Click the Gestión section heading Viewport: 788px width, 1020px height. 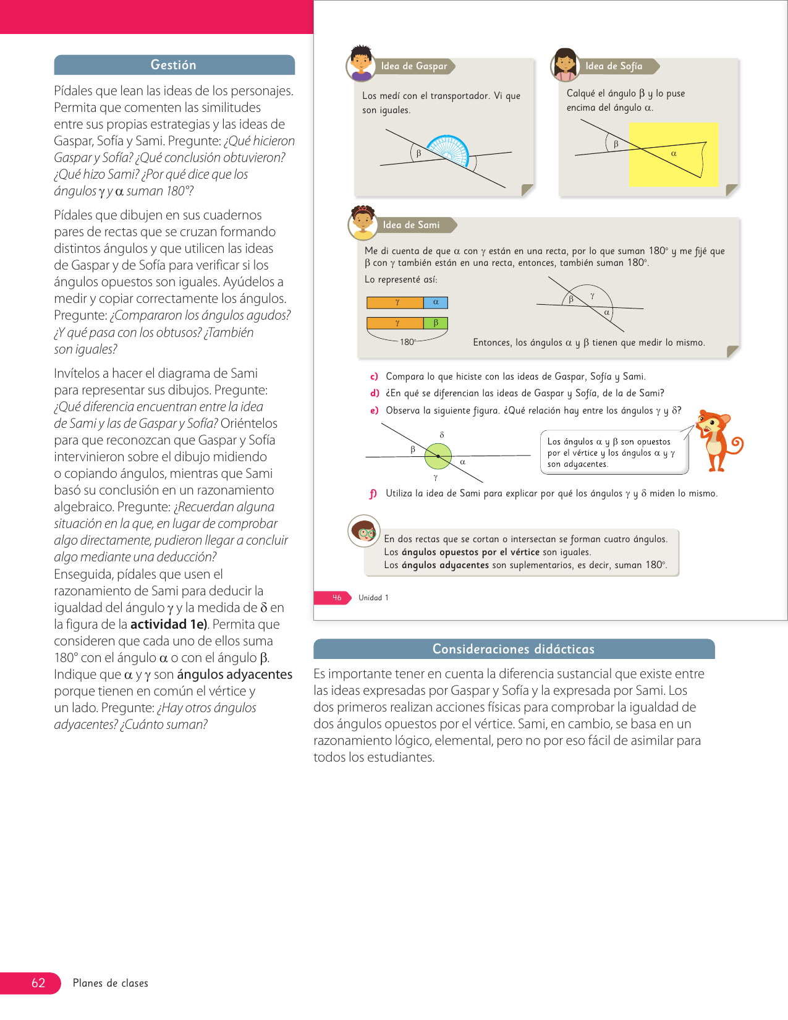(x=174, y=65)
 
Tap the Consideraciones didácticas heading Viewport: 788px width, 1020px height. (x=513, y=649)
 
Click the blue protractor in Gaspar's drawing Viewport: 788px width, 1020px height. (x=448, y=150)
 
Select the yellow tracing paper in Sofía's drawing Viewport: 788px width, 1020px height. (x=674, y=155)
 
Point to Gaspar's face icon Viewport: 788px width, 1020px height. (x=361, y=63)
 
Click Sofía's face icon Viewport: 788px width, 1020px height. (x=565, y=64)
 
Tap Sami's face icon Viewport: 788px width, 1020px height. (x=363, y=223)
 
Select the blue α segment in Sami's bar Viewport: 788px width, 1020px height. (x=436, y=302)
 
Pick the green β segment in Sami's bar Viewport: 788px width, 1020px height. (x=436, y=323)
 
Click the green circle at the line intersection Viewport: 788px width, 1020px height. (x=438, y=456)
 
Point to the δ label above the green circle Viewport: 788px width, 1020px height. (x=442, y=435)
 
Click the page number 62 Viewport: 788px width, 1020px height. (x=38, y=983)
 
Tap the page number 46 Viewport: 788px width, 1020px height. (x=337, y=598)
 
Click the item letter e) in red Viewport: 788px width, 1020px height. (x=374, y=410)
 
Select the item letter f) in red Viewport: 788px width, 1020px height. (x=373, y=493)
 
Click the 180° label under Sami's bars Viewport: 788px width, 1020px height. (x=408, y=342)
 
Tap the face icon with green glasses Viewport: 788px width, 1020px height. (x=363, y=530)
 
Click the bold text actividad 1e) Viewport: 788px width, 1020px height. (x=168, y=624)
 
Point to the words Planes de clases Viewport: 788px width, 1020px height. (x=111, y=983)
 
